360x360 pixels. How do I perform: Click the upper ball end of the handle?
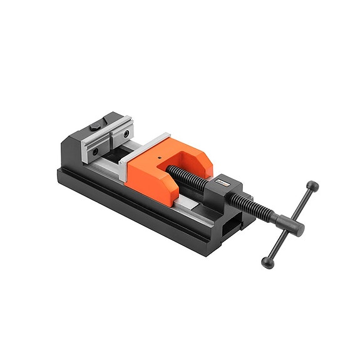[312, 186]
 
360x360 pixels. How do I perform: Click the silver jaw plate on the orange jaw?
[145, 145]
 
